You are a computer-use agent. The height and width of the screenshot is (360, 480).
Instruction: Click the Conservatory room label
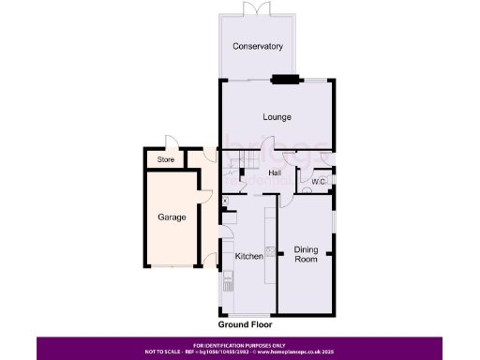point(258,47)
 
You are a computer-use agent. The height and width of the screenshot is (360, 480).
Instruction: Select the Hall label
point(276,172)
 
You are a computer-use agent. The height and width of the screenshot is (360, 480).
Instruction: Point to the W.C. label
point(318,182)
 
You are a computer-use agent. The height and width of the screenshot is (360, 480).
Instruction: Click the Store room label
point(166,160)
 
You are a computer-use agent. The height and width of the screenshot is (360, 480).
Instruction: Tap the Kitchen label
point(248,257)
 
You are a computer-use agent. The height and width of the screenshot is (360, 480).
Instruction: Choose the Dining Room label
point(307,254)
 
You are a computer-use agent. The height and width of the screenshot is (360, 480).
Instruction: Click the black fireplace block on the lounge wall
point(283,80)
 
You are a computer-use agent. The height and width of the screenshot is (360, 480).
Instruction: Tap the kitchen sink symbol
point(228,279)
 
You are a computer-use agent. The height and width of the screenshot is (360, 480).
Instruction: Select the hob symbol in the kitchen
point(271,250)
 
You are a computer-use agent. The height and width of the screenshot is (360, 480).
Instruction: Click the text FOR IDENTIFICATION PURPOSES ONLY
point(240,344)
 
